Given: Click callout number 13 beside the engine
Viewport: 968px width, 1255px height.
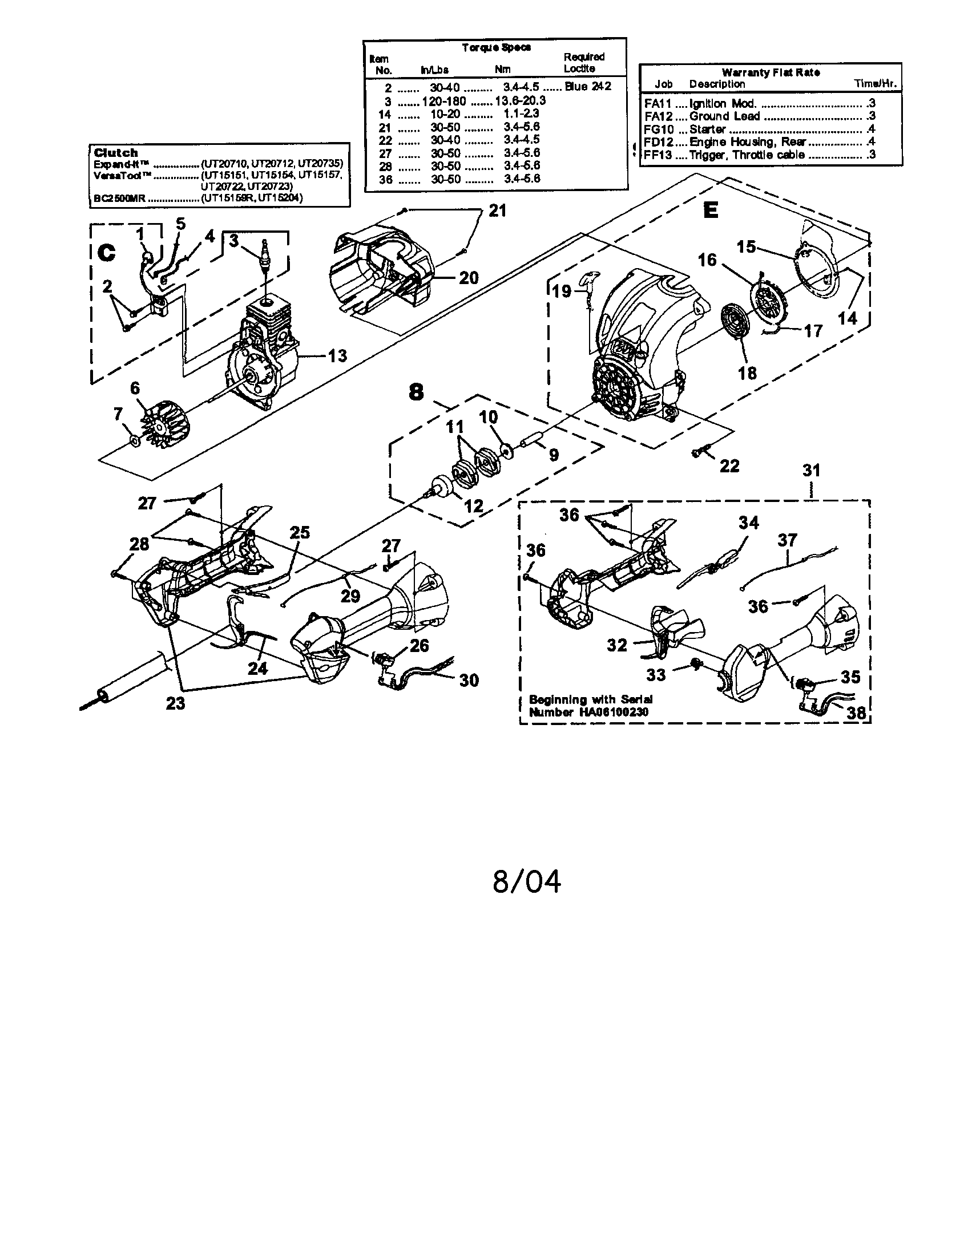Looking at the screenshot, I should point(337,356).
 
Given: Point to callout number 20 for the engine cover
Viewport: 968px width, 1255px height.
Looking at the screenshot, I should point(469,278).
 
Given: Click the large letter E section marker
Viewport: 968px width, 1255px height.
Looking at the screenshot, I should point(711,210).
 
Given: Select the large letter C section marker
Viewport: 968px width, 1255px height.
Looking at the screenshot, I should point(107,253).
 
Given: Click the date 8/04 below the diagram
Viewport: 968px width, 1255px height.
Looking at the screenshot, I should point(527,881).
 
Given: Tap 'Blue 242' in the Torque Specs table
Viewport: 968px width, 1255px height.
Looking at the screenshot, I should point(587,87).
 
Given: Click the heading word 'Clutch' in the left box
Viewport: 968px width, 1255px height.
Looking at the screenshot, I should point(116,153).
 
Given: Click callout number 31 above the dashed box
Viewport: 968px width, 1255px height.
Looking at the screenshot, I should point(811,471).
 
